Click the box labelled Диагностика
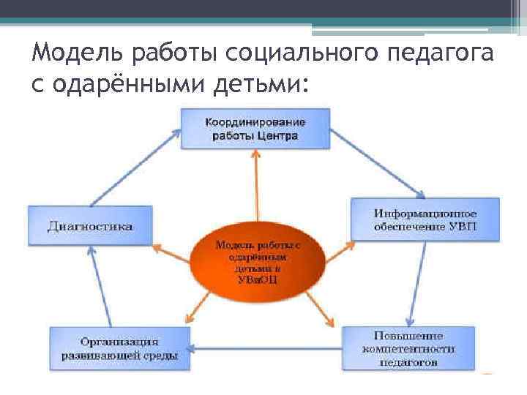[x=90, y=225]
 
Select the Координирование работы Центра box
[x=255, y=128]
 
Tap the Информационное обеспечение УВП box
[x=425, y=219]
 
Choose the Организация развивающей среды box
[x=119, y=347]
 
